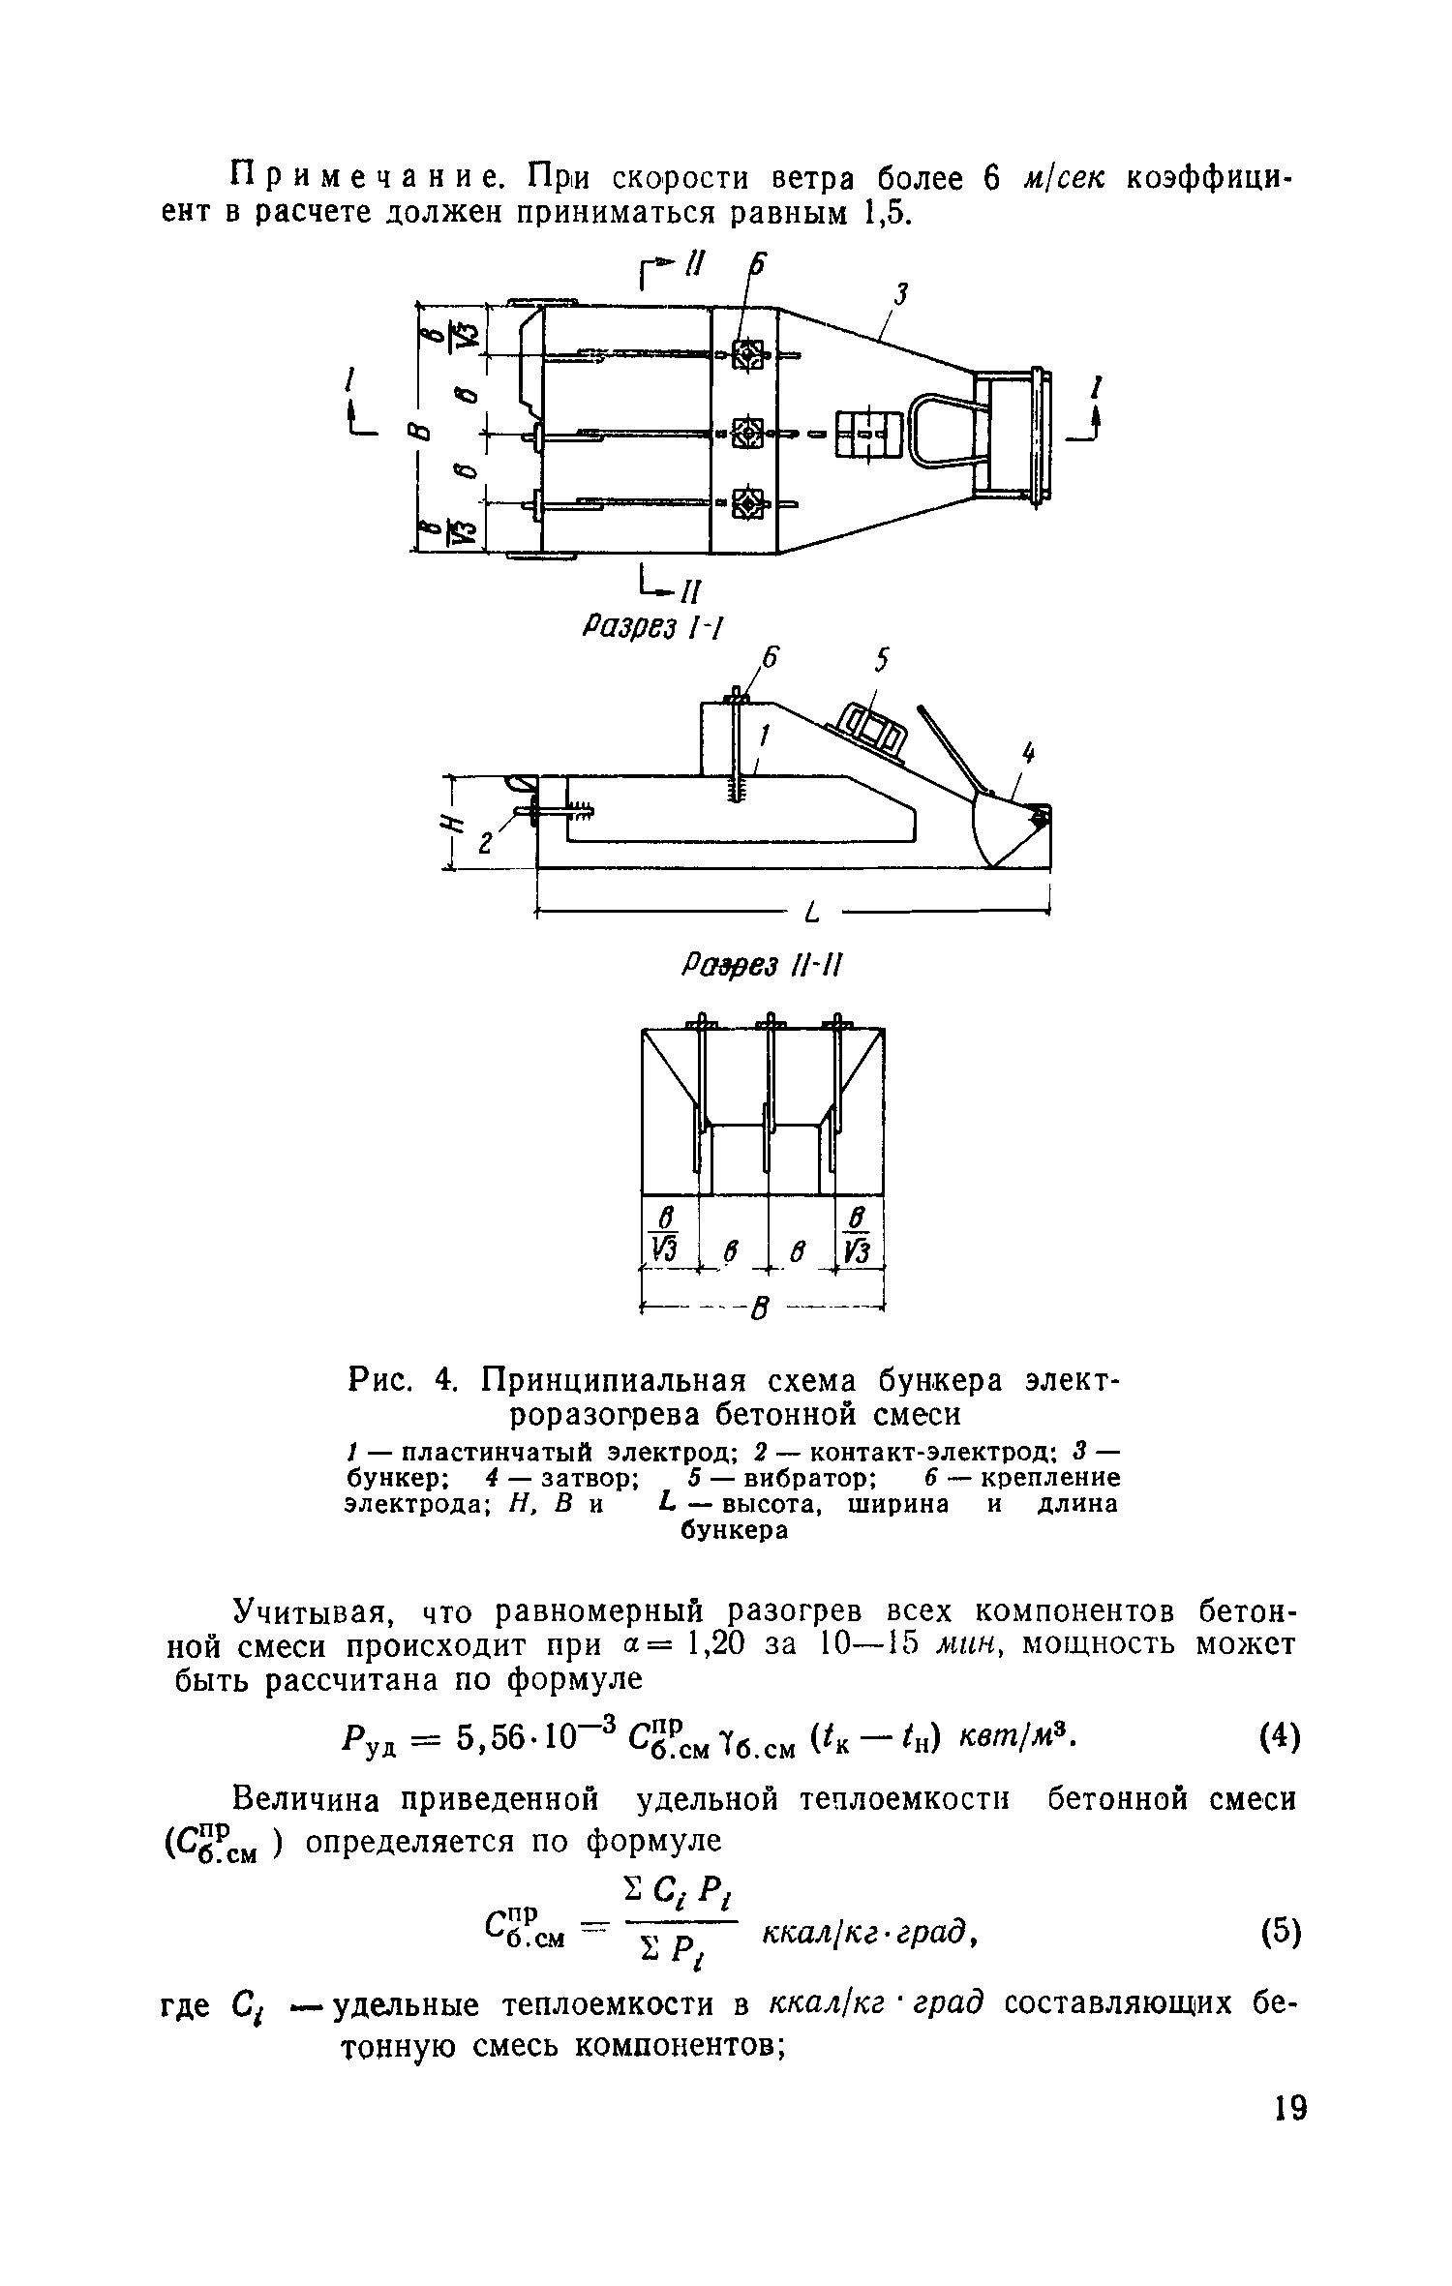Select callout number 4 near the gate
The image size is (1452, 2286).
[x=1028, y=752]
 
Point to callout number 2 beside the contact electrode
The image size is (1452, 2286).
[x=486, y=844]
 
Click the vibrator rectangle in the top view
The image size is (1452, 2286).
[x=868, y=432]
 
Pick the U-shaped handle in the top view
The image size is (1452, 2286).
[x=944, y=432]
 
